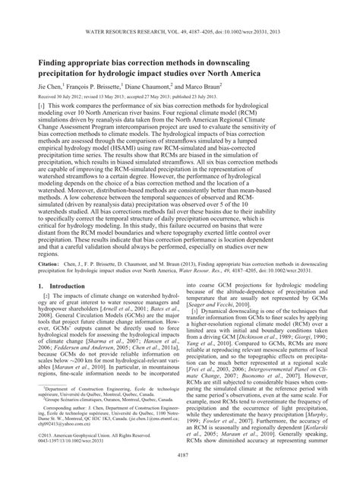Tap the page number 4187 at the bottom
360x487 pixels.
point(179,477)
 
